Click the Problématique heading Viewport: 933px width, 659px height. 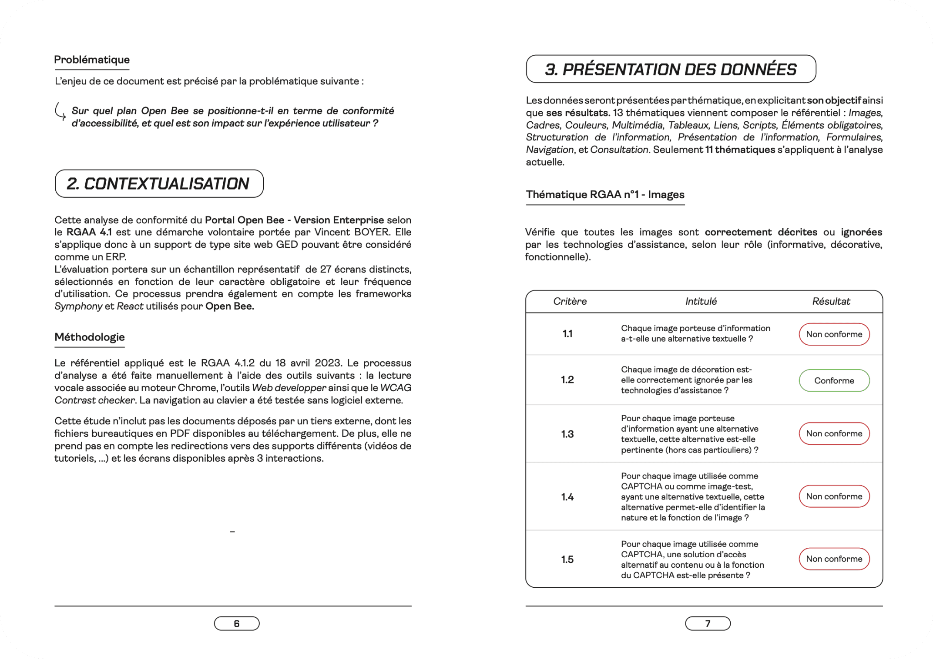coord(92,60)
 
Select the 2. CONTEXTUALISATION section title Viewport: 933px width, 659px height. coord(159,184)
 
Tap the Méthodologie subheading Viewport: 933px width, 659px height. coord(90,337)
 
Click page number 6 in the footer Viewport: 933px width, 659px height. coord(237,623)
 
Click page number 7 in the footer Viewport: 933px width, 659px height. coord(708,623)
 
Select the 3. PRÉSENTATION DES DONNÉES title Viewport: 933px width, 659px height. coord(671,69)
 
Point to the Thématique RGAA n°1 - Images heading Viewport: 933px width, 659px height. coord(605,194)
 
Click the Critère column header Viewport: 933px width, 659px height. coord(570,301)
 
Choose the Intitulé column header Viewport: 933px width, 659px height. coord(701,301)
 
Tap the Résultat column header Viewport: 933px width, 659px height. coord(831,301)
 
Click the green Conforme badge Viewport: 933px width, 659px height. coord(834,380)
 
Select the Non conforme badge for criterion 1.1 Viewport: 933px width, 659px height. coord(834,334)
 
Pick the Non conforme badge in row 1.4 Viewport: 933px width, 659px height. coord(834,496)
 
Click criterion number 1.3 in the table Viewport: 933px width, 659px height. coord(567,434)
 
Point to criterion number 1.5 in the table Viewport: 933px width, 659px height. coord(567,559)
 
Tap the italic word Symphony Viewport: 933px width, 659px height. coord(78,306)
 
